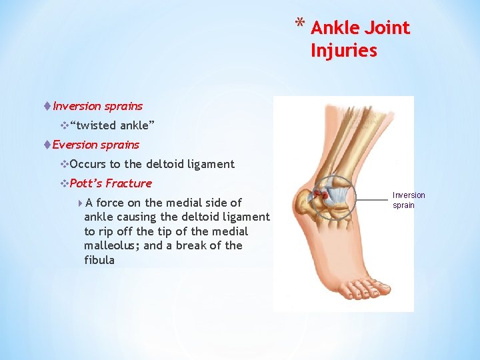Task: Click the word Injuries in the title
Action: [x=343, y=51]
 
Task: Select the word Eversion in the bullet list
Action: [x=74, y=145]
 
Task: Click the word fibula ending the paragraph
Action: [x=99, y=260]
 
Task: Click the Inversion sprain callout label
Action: [x=408, y=200]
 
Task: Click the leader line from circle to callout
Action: [x=372, y=197]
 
